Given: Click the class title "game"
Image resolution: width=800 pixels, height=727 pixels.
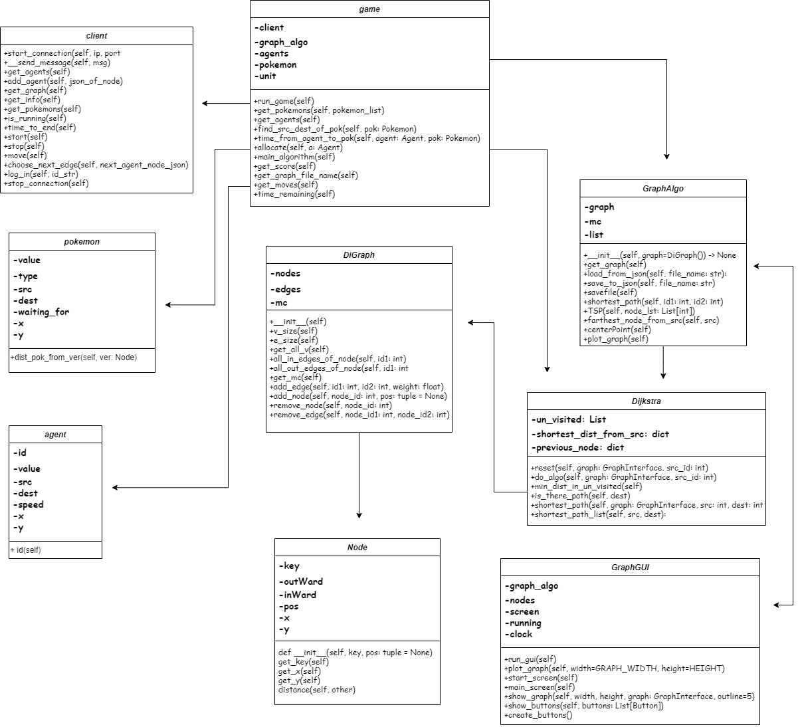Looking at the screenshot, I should click(x=369, y=9).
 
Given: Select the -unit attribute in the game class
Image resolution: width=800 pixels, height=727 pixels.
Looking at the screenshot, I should click(x=265, y=76).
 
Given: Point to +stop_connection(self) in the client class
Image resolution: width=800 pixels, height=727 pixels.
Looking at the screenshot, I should click(x=46, y=183).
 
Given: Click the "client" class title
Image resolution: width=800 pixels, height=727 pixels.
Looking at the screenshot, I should click(x=96, y=36).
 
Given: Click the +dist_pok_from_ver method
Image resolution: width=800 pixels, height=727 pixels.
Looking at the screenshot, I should click(x=73, y=358).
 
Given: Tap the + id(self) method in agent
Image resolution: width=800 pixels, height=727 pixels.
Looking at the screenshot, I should click(x=25, y=550).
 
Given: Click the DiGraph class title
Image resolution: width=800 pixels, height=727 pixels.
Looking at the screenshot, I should click(x=359, y=255).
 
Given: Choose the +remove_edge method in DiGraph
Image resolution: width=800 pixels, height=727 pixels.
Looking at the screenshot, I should click(x=359, y=415).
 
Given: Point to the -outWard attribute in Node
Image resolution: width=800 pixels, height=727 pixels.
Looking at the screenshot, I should click(x=301, y=581).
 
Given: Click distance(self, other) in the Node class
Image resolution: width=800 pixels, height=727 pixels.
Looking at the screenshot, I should click(x=316, y=690).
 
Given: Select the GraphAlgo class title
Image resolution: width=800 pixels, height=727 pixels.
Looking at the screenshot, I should click(x=662, y=189).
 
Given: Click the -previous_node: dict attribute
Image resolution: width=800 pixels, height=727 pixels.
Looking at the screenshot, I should click(x=577, y=447).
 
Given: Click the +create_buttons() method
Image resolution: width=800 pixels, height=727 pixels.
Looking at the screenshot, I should click(x=538, y=715).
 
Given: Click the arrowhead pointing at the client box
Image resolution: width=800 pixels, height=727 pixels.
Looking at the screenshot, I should click(x=205, y=103).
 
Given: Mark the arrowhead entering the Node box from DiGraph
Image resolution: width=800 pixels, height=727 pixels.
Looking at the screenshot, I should click(x=359, y=515).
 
